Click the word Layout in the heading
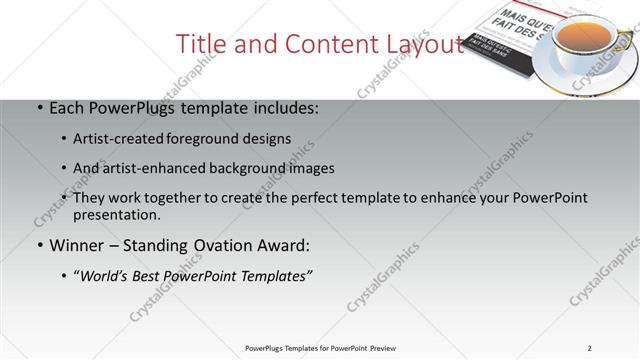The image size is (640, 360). pos(425,45)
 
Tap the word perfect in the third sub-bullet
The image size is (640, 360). pos(342,198)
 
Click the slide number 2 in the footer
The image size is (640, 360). pos(590,348)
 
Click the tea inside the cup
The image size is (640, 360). pos(583,38)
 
